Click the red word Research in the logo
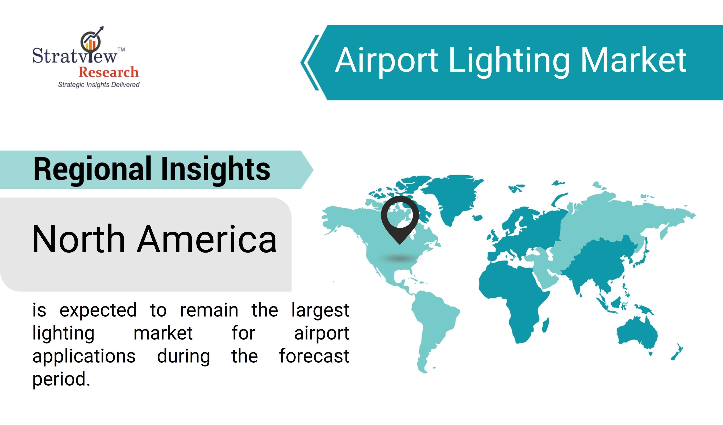pyautogui.click(x=109, y=72)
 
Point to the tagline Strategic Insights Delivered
pyautogui.click(x=99, y=85)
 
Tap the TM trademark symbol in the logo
pyautogui.click(x=121, y=49)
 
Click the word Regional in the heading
pyautogui.click(x=93, y=170)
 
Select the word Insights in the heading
pyautogui.click(x=216, y=170)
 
